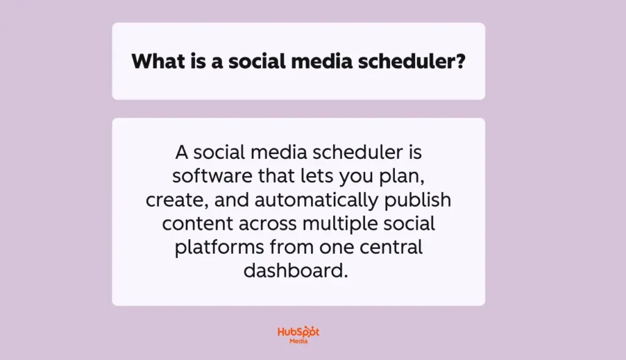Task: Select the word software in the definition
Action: pyautogui.click(x=212, y=175)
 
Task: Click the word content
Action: pyautogui.click(x=197, y=224)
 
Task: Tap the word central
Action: pyautogui.click(x=391, y=248)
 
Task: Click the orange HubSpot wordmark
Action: pyautogui.click(x=298, y=332)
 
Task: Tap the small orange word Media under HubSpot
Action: pyautogui.click(x=298, y=341)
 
